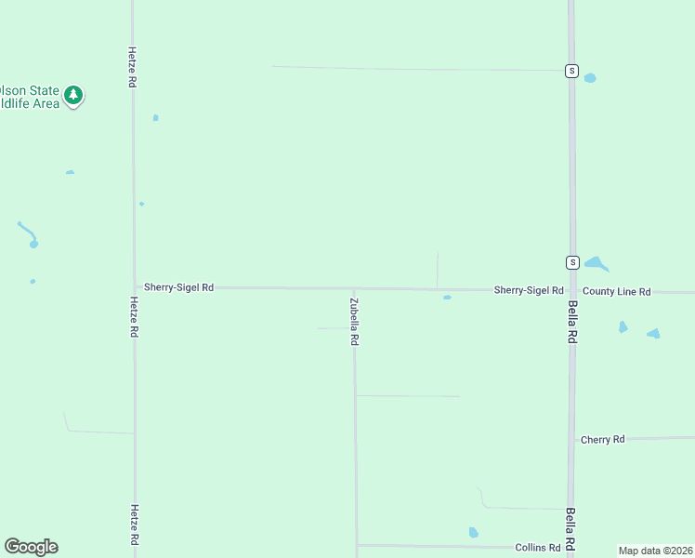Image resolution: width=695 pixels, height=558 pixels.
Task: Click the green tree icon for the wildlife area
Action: coord(73,95)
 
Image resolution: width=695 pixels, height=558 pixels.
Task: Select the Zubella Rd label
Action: coord(354,322)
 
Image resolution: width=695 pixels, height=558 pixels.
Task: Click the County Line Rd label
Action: coord(617,291)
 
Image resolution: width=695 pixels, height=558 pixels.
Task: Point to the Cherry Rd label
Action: coord(602,439)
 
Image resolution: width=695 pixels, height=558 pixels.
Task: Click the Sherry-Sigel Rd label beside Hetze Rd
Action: coord(178,288)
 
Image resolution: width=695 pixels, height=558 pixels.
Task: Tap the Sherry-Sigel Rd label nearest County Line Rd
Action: coord(529,290)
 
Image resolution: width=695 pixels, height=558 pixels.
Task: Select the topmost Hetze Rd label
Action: coord(133,67)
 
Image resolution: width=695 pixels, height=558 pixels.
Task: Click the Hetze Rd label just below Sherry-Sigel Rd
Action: coord(134,317)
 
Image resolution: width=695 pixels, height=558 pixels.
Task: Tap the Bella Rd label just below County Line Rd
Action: coord(572,323)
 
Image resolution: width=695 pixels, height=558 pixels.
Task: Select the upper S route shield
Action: coord(572,72)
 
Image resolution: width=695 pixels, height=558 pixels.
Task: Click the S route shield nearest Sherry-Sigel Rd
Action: coord(572,262)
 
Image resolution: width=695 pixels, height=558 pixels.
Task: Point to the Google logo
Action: coord(31,547)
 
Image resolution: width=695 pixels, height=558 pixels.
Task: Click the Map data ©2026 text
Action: coord(655,551)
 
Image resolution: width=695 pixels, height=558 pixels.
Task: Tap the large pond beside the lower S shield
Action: coord(596,264)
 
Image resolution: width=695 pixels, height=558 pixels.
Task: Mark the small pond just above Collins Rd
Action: coord(473,533)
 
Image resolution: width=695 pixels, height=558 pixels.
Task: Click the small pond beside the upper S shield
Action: coord(590,78)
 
